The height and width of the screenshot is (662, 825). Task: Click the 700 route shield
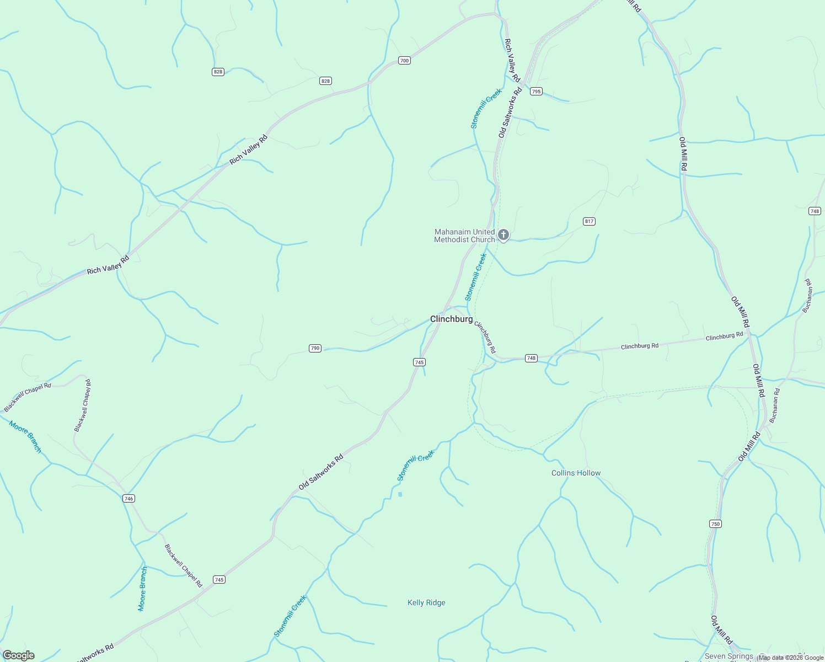click(x=404, y=60)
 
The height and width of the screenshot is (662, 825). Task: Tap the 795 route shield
click(x=536, y=91)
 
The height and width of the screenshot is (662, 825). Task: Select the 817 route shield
click(x=589, y=221)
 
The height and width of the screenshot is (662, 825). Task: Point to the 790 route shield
click(x=315, y=348)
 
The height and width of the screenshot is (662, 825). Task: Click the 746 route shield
click(x=128, y=498)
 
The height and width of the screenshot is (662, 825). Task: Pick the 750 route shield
click(x=715, y=524)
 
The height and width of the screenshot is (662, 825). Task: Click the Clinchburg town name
click(x=451, y=319)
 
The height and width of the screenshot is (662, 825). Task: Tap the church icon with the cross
click(x=503, y=236)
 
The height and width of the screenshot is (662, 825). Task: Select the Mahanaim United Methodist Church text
click(x=464, y=236)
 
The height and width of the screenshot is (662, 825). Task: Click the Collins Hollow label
click(x=576, y=473)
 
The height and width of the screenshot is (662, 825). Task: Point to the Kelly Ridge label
click(x=426, y=602)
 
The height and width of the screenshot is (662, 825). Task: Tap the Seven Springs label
click(x=728, y=656)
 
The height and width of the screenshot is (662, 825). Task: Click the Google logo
click(x=18, y=655)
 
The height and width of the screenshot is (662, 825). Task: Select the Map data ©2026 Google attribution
click(x=790, y=658)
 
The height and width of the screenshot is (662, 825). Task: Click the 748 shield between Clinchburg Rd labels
click(x=531, y=358)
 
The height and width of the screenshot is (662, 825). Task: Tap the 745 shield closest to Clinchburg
click(x=419, y=362)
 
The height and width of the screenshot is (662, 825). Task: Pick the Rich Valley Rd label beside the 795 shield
click(x=512, y=60)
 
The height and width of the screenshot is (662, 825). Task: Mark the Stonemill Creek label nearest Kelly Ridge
click(x=290, y=616)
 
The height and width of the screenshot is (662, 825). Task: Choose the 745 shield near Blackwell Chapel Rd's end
click(x=219, y=579)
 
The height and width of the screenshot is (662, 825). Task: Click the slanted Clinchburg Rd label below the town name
click(x=485, y=337)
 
